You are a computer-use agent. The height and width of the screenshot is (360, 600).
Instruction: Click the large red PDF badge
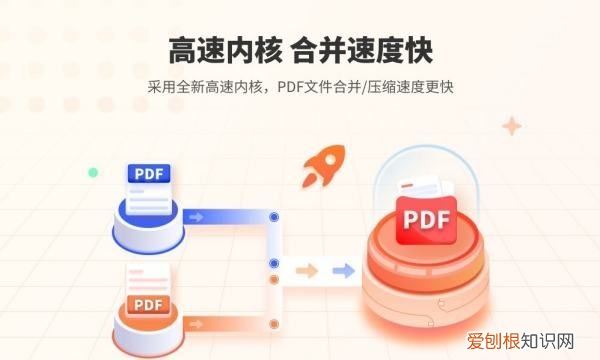click(425, 220)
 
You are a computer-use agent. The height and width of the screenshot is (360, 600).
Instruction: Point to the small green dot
click(93, 172)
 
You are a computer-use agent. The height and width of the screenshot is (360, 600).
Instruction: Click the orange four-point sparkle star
click(513, 126)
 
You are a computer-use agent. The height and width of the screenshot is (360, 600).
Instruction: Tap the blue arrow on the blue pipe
click(197, 216)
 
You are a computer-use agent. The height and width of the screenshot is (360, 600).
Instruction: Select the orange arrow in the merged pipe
click(307, 270)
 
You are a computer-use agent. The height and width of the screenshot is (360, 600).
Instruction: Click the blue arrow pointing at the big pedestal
click(343, 270)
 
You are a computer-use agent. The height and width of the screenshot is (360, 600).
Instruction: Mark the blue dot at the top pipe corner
click(275, 216)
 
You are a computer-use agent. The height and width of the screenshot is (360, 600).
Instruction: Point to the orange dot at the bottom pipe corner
click(275, 323)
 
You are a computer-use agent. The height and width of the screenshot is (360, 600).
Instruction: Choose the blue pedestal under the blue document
click(148, 226)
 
